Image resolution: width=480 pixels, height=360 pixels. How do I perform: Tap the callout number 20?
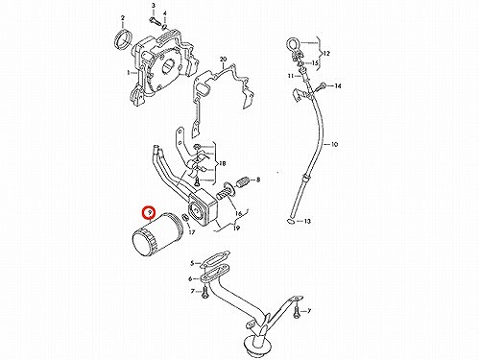coord(223,60)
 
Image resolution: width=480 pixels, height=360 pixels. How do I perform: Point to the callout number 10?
coord(334,144)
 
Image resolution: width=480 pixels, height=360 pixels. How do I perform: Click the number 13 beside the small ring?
coord(307,221)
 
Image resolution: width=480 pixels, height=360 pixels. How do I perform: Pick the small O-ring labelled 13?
coord(291,221)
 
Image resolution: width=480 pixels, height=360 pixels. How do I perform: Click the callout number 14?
coord(338,85)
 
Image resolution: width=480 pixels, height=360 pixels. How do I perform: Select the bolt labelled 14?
coord(321,86)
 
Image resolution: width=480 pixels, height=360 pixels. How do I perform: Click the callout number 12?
coord(326,54)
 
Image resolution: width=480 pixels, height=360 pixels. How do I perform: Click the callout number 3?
coord(153,6)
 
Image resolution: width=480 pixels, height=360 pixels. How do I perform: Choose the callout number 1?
coord(129,73)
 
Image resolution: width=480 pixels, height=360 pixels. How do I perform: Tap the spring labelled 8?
coord(244,182)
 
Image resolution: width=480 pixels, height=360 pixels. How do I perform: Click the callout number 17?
coord(191,232)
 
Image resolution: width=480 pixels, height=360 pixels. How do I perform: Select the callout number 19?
coord(236,228)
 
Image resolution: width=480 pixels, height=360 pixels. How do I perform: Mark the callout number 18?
coord(222,164)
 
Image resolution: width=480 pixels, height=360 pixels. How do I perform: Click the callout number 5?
coord(192,263)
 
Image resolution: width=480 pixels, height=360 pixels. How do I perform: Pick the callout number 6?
coord(190,279)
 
